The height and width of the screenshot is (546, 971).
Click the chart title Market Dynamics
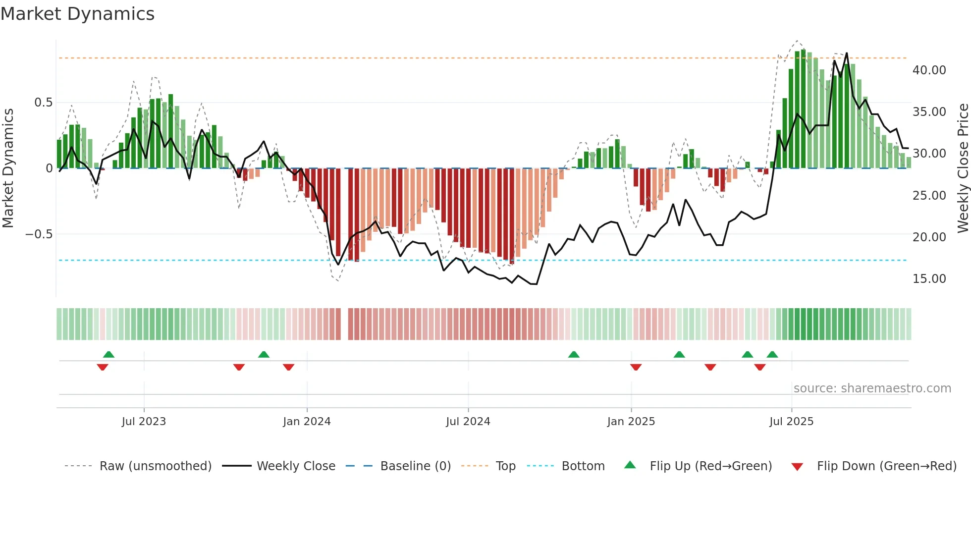(x=78, y=14)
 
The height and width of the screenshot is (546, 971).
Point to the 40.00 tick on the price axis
(x=929, y=70)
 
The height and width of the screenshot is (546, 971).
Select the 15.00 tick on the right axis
(x=929, y=279)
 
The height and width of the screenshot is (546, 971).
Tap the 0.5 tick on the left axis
(x=43, y=103)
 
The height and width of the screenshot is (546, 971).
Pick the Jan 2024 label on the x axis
(x=307, y=422)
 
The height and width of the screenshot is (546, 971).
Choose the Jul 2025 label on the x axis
(x=791, y=422)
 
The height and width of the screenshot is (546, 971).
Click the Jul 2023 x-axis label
(x=144, y=422)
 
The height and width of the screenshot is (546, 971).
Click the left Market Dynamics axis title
(x=8, y=168)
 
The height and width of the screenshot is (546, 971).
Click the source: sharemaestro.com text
(x=872, y=388)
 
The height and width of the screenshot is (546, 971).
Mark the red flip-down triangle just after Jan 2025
(x=636, y=367)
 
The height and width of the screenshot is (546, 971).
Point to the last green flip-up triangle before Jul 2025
(x=772, y=354)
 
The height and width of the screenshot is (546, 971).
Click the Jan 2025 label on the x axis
(x=631, y=422)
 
